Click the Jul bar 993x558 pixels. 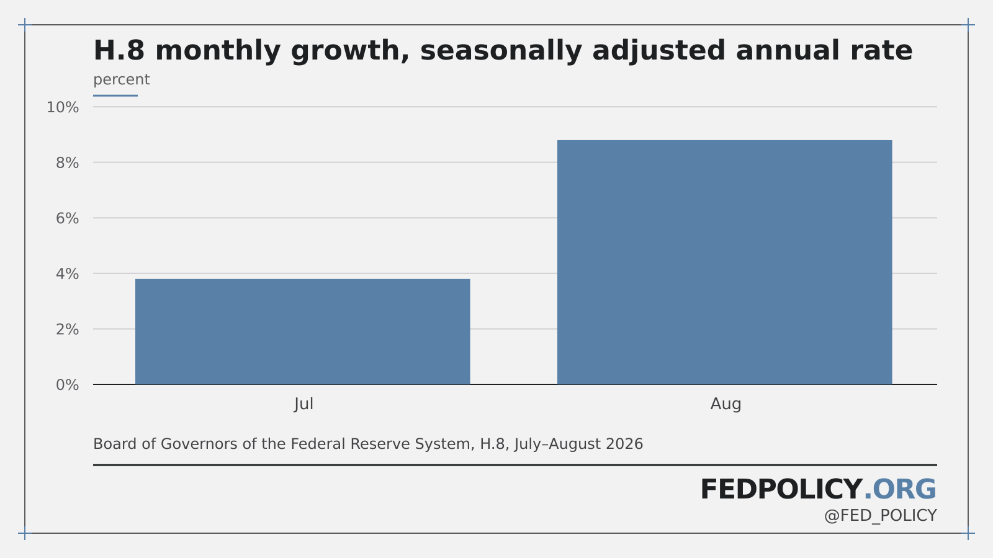(x=302, y=332)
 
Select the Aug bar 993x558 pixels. (x=724, y=262)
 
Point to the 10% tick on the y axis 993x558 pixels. (x=63, y=107)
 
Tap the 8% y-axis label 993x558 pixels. (x=68, y=163)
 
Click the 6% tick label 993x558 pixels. (x=68, y=218)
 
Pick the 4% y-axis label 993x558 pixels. (x=68, y=274)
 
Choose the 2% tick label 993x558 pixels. (x=68, y=329)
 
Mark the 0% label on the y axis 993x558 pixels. (x=68, y=385)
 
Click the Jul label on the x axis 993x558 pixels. (x=303, y=404)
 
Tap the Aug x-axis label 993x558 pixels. (x=726, y=404)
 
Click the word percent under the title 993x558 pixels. (x=122, y=80)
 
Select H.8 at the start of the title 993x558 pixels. (x=119, y=50)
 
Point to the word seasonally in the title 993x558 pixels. (x=501, y=51)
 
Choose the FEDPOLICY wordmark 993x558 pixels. (x=781, y=490)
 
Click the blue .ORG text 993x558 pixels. (x=900, y=490)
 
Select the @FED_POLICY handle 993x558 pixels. (x=881, y=516)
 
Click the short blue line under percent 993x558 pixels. (x=115, y=95)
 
